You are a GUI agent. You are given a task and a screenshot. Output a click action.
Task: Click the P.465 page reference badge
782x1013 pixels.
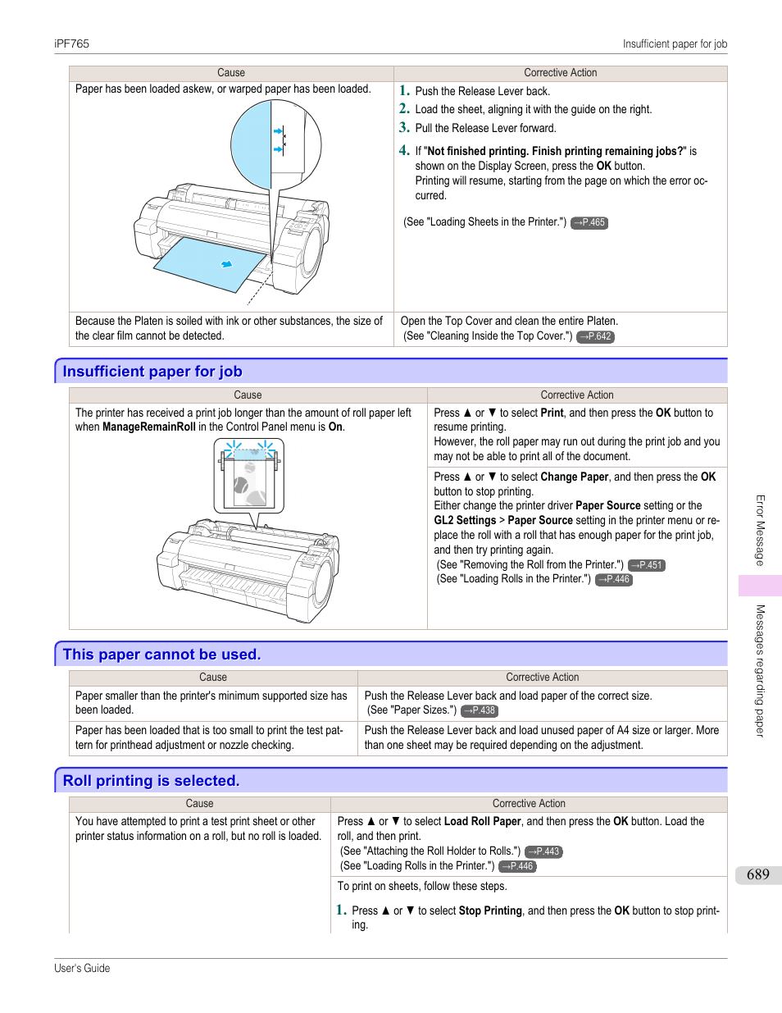pos(589,222)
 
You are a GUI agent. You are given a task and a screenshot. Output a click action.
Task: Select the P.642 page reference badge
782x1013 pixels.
pos(595,336)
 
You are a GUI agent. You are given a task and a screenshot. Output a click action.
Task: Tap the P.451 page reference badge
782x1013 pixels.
pos(647,565)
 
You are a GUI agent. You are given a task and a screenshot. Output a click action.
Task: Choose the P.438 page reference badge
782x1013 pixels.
pos(480,710)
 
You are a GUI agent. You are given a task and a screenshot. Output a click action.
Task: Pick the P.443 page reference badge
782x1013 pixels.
pos(543,851)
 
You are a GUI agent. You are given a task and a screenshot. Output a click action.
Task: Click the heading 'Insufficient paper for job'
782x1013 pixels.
pos(152,372)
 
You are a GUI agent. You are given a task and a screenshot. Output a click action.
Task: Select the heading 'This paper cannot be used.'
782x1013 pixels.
pos(161,655)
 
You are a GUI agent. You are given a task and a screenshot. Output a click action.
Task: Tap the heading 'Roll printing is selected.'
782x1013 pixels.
pos(151,781)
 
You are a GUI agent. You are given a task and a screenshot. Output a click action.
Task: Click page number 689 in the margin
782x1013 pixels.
pos(757,874)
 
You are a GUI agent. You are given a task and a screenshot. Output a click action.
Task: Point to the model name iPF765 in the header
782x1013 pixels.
pos(71,44)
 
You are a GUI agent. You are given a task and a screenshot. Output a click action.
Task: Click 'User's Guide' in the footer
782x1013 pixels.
pos(82,968)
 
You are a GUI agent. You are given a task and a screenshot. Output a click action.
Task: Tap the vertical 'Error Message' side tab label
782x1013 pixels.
pos(760,530)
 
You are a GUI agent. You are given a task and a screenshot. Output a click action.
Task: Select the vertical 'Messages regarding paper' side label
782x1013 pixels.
pos(760,670)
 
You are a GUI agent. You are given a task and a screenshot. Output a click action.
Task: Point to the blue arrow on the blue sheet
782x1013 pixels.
pos(227,264)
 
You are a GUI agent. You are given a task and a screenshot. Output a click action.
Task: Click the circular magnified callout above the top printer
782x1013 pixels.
pos(275,145)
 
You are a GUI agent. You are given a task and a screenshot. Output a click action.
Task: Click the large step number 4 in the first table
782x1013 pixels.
pos(404,150)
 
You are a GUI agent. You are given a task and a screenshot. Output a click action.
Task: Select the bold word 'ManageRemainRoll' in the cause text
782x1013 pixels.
pos(148,427)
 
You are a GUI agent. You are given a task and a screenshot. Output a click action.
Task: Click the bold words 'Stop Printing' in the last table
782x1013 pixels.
pos(490,910)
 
